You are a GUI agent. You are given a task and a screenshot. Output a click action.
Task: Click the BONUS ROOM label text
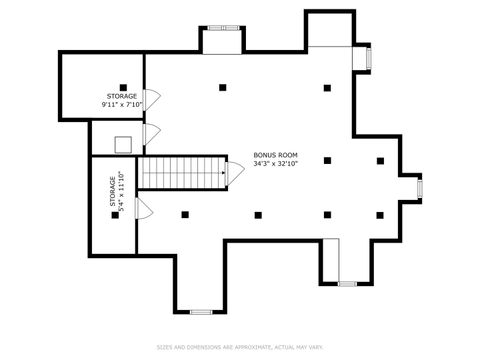click(x=275, y=155)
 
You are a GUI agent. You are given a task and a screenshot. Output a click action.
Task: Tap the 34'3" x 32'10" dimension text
click(x=275, y=163)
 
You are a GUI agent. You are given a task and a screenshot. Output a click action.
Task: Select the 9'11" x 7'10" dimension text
click(x=122, y=104)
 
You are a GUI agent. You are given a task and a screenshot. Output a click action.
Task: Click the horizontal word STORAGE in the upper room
click(x=122, y=96)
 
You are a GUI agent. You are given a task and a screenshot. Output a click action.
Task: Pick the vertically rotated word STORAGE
click(x=112, y=193)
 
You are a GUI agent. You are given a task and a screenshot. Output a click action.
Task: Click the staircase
click(x=181, y=172)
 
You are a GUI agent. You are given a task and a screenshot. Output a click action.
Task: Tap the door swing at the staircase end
click(x=234, y=172)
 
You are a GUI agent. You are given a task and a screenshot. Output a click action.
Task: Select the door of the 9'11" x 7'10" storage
click(x=153, y=100)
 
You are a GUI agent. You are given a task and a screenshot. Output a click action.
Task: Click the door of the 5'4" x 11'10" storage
click(x=143, y=209)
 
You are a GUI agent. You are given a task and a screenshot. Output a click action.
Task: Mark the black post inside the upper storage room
click(x=122, y=87)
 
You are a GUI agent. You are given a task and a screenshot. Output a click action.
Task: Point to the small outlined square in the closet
click(x=123, y=144)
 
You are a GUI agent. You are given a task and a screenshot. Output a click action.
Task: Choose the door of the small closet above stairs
click(x=152, y=134)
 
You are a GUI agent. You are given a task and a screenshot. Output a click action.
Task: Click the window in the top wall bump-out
click(x=222, y=27)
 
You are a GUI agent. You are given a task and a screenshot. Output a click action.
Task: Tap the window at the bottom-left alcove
click(x=200, y=312)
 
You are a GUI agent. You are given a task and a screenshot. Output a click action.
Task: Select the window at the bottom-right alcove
click(x=347, y=284)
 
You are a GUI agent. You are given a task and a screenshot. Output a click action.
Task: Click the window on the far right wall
click(x=419, y=186)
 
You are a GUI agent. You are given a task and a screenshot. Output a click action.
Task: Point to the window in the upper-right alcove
click(x=369, y=59)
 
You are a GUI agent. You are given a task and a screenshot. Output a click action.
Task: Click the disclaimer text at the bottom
click(x=240, y=347)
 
